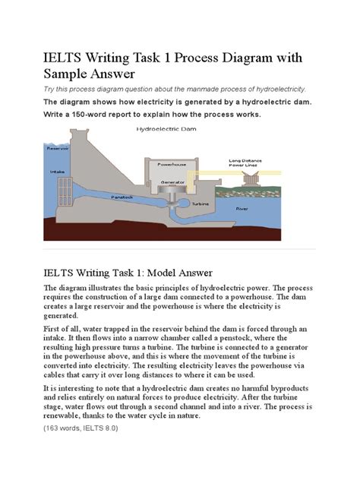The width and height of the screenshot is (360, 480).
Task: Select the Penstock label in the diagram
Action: pos(122,197)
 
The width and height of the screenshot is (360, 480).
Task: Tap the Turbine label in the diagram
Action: pos(201,204)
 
